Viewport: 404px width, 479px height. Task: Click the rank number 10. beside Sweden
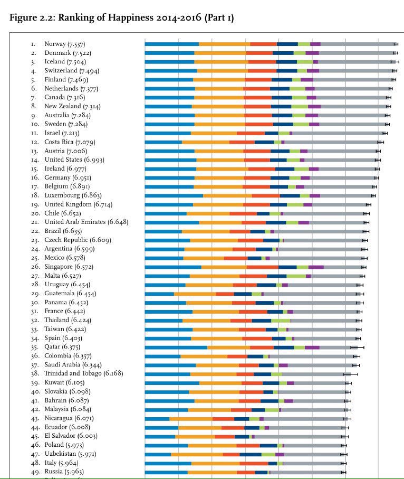pos(34,124)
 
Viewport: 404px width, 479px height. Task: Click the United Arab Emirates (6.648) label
pos(86,222)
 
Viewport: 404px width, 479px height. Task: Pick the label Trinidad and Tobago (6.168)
pos(84,373)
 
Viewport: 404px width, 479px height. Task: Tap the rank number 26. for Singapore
pos(34,267)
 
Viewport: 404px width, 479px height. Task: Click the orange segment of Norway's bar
pos(224,44)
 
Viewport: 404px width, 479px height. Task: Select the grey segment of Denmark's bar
pos(357,53)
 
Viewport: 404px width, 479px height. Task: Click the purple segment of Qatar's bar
pos(312,347)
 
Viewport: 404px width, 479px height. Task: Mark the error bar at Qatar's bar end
pos(357,347)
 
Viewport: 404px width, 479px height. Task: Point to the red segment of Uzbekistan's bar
pos(231,454)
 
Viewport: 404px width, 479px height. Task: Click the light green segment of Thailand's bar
pos(281,321)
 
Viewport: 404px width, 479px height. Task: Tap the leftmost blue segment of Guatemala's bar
pos(159,294)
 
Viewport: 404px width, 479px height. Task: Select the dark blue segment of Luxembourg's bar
pos(290,195)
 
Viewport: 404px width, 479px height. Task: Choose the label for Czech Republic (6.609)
pos(78,240)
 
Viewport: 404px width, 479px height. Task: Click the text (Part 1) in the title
pos(217,18)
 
